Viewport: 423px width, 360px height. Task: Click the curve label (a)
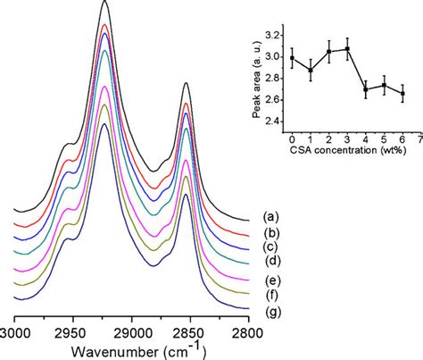269,216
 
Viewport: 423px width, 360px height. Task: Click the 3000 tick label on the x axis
16,331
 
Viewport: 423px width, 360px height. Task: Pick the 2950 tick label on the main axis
73,331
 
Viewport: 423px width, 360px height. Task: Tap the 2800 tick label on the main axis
245,331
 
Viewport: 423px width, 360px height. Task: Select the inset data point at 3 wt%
347,49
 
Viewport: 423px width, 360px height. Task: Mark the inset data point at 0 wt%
292,58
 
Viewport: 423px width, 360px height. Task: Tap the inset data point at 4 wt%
366,89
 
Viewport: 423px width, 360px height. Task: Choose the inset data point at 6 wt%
402,94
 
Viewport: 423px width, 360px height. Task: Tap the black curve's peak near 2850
186,84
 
